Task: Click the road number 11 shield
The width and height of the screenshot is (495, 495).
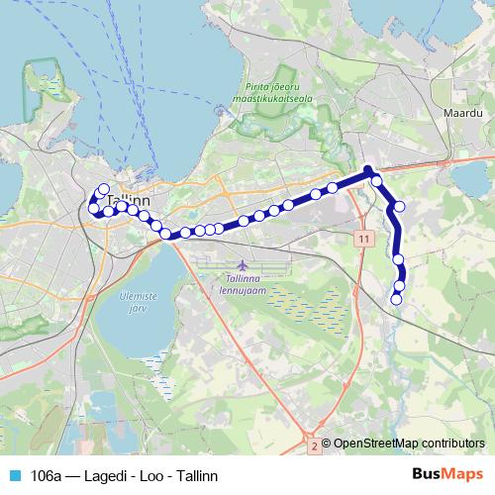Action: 365,240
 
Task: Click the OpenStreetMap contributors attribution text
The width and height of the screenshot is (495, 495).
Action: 408,444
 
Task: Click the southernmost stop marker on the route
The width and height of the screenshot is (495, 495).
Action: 397,298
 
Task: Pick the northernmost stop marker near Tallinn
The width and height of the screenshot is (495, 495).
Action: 103,189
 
